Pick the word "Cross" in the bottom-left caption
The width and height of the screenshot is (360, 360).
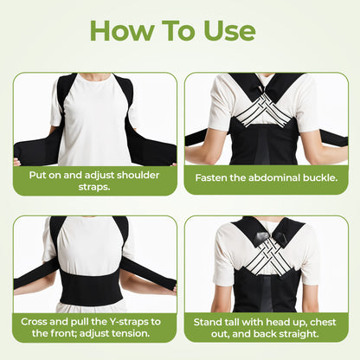pos(38,319)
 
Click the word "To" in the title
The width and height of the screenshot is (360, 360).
pos(177,30)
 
